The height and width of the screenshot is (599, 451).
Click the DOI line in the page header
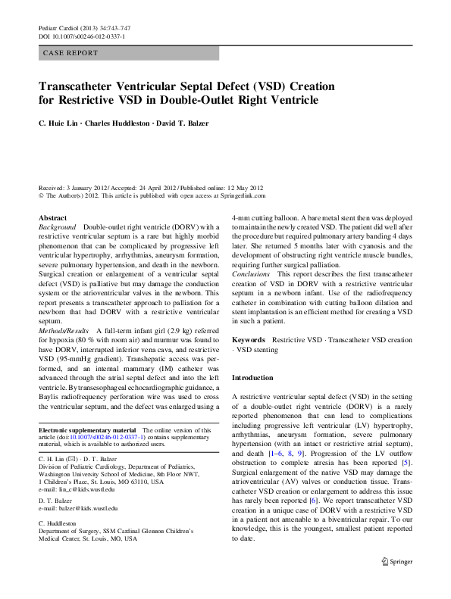pyautogui.click(x=82, y=36)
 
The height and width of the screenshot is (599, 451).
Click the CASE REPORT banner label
pyautogui.click(x=70, y=53)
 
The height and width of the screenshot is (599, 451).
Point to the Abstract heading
pyautogui.click(x=52, y=218)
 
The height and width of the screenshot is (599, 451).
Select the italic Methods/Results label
pyautogui.click(x=62, y=332)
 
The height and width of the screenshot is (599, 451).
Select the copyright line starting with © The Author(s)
pyautogui.click(x=152, y=195)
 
